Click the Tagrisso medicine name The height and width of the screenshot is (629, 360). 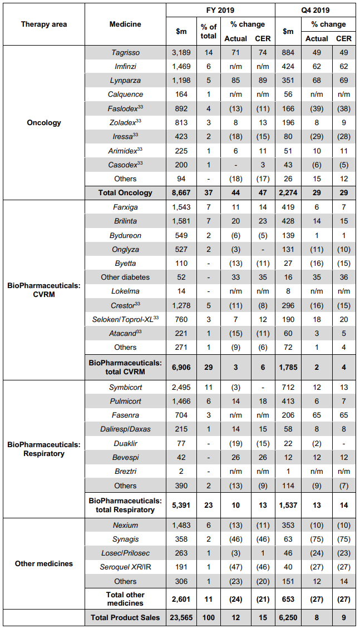pos(125,52)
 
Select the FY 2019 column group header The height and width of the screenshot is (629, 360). pos(220,10)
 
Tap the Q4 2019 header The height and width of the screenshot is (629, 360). pos(315,10)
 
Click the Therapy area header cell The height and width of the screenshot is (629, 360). pos(44,24)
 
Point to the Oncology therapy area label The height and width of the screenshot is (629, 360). pos(44,122)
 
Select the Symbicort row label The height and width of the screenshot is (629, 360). pos(125,387)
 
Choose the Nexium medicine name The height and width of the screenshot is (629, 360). pos(125,525)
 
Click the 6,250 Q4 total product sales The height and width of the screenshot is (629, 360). pos(288,617)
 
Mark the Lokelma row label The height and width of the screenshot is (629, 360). pos(125,291)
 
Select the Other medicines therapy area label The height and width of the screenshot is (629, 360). pos(44,563)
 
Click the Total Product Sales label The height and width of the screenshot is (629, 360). pos(125,617)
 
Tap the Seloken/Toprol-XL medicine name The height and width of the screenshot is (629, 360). pos(125,319)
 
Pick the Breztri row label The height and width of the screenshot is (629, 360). pos(125,471)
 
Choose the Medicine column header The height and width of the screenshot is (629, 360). pos(125,24)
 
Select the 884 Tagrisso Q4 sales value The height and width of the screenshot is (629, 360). pos(288,52)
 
